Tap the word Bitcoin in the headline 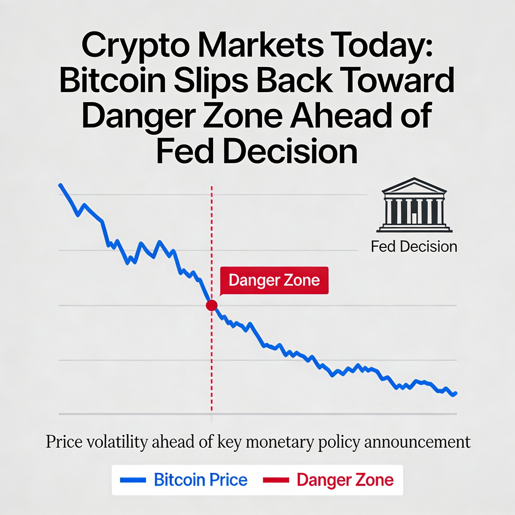pos(112,80)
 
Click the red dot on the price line pos(212,305)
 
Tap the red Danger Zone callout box pos(274,280)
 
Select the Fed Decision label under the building pos(414,247)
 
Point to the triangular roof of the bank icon pos(414,186)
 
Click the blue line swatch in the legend pos(133,480)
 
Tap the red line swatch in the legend pos(276,480)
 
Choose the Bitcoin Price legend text pos(200,480)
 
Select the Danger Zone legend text pos(345,480)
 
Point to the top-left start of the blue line pos(61,185)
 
